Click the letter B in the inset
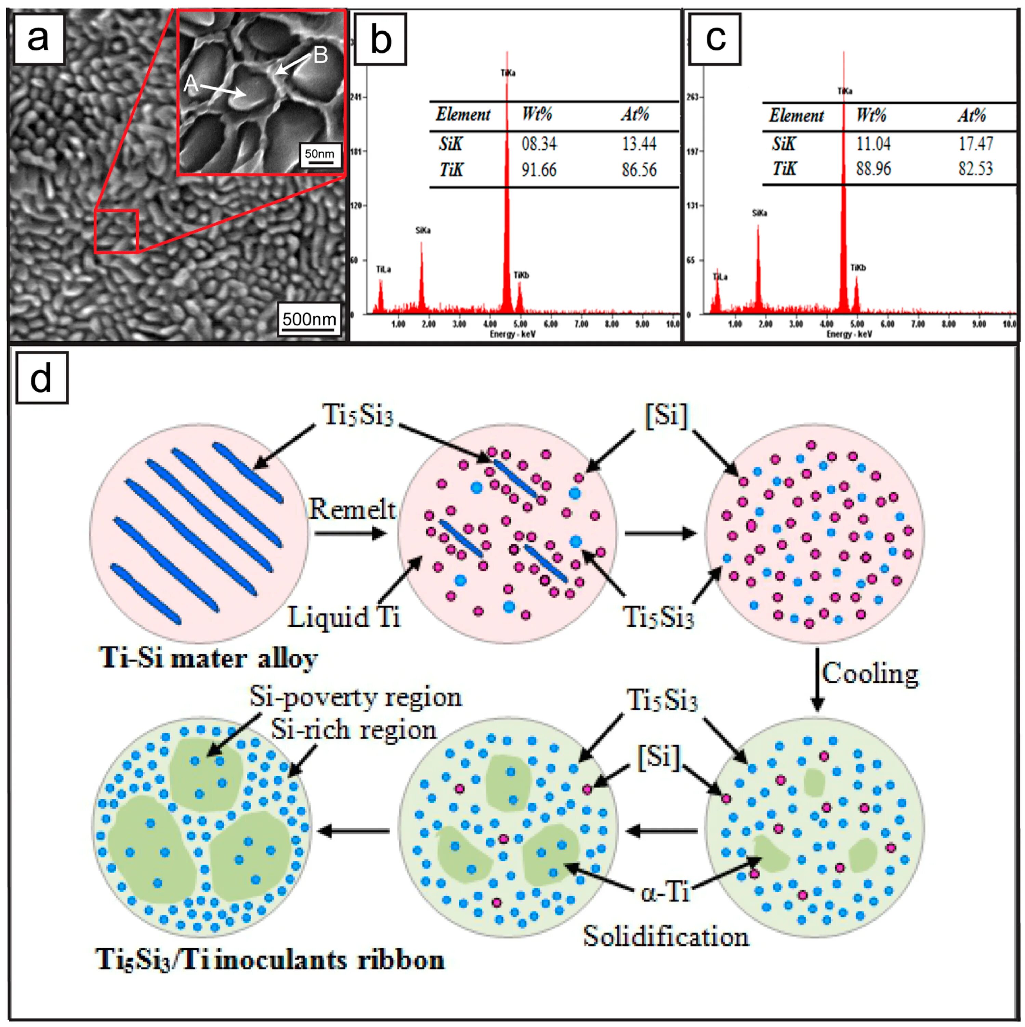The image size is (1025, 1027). pyautogui.click(x=320, y=55)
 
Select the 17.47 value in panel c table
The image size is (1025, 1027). pyautogui.click(x=976, y=143)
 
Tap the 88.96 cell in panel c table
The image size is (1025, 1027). pyautogui.click(x=873, y=169)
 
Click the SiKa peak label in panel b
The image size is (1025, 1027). pyautogui.click(x=423, y=230)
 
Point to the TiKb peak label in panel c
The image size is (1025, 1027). pyautogui.click(x=858, y=268)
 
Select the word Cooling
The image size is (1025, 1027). pyautogui.click(x=870, y=673)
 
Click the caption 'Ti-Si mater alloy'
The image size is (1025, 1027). pyautogui.click(x=209, y=658)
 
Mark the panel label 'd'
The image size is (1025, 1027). pyautogui.click(x=41, y=377)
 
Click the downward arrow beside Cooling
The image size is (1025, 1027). pyautogui.click(x=817, y=679)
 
